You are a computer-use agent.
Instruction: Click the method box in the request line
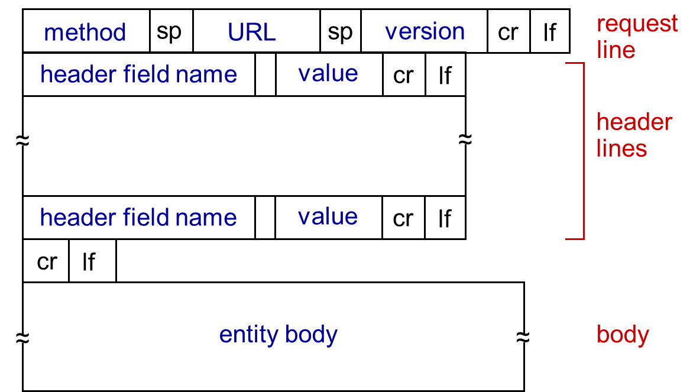point(86,31)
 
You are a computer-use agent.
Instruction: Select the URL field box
point(257,31)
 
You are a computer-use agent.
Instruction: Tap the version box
point(425,31)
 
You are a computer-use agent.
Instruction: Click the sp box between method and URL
point(171,31)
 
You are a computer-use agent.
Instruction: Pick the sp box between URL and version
point(341,31)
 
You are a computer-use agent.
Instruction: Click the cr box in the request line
point(509,31)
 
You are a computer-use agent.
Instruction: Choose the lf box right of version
point(550,31)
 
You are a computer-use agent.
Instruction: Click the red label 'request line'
point(637,37)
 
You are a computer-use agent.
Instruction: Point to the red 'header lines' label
point(634,135)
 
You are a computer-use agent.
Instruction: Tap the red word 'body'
point(623,335)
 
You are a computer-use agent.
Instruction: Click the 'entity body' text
point(278,335)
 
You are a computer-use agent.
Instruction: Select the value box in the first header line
point(329,74)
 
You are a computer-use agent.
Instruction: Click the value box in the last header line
point(328,218)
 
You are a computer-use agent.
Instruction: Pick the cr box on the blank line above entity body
point(46,261)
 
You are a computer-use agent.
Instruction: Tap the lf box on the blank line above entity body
point(93,261)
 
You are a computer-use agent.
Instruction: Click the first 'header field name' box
point(139,74)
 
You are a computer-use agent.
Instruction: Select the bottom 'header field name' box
point(139,218)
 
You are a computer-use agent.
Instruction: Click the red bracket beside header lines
point(584,151)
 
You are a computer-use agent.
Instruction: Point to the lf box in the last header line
point(445,218)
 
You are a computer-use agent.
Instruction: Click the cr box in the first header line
point(404,74)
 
